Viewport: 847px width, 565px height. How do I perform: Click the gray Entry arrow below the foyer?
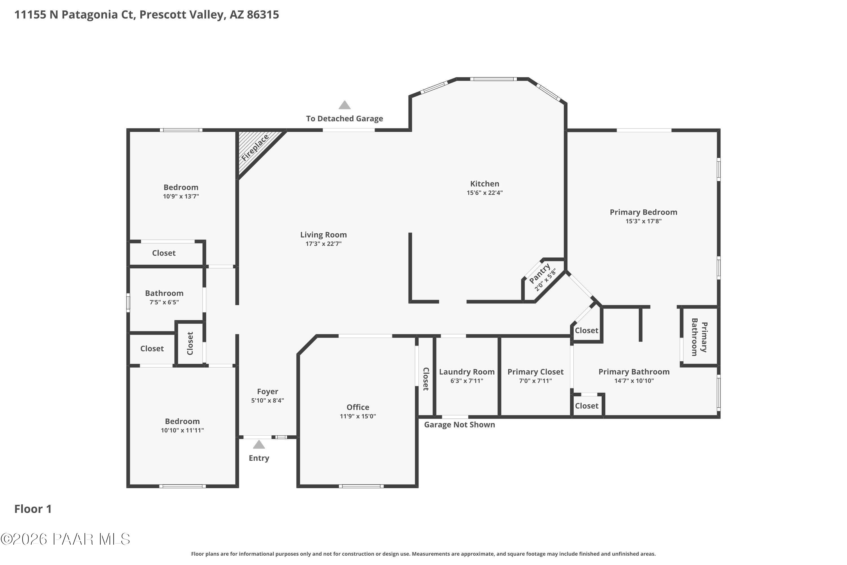point(259,445)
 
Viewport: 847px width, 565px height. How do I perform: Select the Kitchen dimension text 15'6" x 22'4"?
point(484,193)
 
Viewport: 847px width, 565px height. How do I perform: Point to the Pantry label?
point(539,273)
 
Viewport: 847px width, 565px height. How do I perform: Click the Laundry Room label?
point(466,372)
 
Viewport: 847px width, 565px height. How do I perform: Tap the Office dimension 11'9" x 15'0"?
point(358,416)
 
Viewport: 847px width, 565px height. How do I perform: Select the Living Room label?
point(323,235)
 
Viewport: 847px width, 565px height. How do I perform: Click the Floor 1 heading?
point(33,509)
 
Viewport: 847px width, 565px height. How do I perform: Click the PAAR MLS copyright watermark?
point(65,539)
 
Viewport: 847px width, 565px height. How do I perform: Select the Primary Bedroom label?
point(643,212)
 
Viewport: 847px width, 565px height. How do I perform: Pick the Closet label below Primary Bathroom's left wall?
point(586,406)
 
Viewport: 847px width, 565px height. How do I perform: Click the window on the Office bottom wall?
point(361,486)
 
